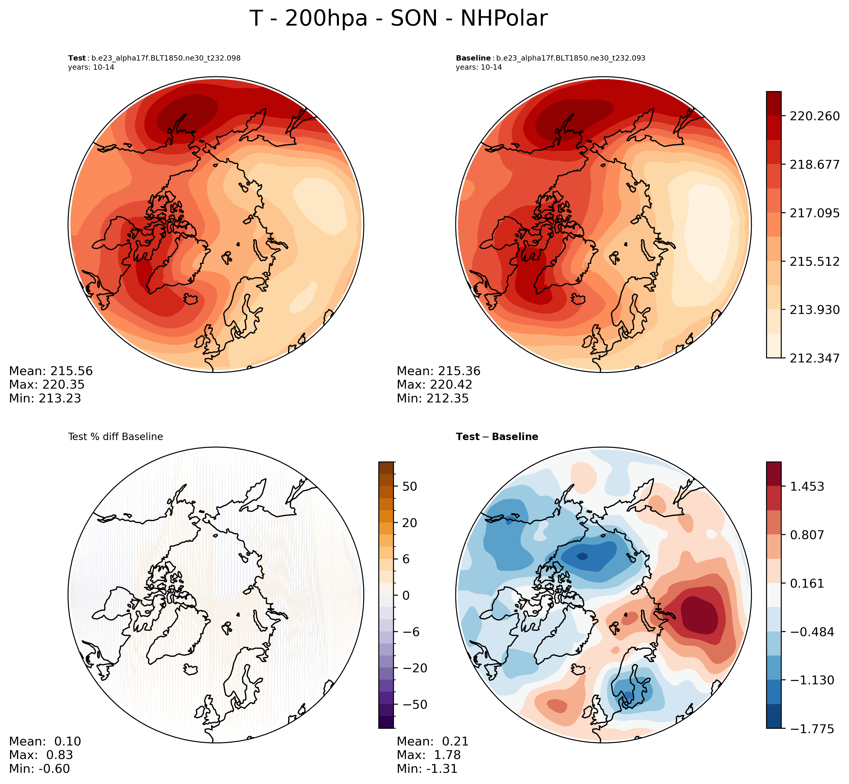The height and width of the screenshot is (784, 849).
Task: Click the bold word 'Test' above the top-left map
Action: coord(77,58)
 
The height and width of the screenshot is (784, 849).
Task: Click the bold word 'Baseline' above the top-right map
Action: coord(473,58)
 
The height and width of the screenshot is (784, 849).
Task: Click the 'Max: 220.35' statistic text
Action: coord(47,385)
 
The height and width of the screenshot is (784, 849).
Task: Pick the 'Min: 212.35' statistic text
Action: coord(432,398)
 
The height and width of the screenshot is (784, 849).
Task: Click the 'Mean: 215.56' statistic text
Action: coord(51,371)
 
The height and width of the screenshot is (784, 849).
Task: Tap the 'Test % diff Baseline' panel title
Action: coord(116,437)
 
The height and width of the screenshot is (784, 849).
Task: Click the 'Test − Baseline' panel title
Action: coord(497,437)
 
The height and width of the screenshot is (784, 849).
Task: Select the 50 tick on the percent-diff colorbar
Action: coord(410,487)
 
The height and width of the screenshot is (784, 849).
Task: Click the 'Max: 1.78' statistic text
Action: coord(429,755)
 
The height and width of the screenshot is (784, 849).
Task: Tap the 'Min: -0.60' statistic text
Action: coord(39,769)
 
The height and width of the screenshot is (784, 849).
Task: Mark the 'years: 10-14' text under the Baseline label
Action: coord(479,67)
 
